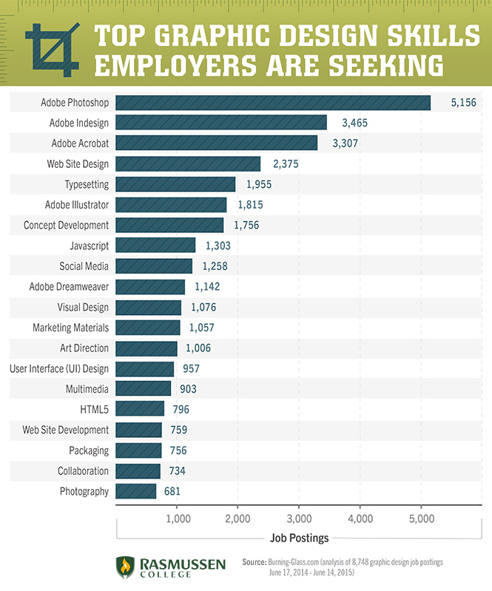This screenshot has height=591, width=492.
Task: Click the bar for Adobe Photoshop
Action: tap(273, 102)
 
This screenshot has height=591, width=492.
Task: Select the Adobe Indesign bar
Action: tap(221, 122)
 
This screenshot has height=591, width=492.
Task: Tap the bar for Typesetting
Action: tap(175, 184)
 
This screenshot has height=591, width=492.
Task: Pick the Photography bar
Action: tap(136, 491)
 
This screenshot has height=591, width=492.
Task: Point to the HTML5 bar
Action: tap(140, 409)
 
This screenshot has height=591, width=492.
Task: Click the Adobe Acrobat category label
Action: tap(79, 143)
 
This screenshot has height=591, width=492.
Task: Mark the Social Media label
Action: tap(84, 266)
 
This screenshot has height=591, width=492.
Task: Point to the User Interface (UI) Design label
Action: tap(58, 368)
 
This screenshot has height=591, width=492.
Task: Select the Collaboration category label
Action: tap(83, 471)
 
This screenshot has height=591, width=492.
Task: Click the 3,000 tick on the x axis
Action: tap(299, 519)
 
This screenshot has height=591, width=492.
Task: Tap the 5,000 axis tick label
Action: tap(421, 519)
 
